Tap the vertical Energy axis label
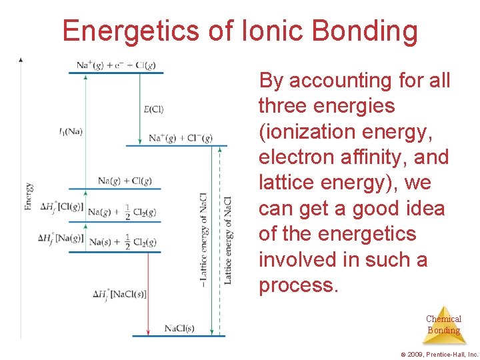pos(29,197)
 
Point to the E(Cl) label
pos(153,109)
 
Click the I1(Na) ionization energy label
pos(70,131)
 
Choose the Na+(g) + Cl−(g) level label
pos(181,138)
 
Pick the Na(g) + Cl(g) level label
pos(125,181)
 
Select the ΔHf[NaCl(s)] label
pos(120,294)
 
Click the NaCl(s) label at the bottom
pos(180,328)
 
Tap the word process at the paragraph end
pos(298,285)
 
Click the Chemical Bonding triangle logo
pos(443,324)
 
